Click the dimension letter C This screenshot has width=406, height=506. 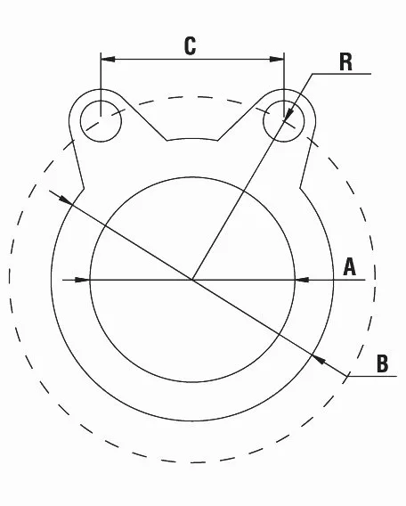click(x=190, y=46)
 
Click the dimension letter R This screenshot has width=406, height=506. click(x=346, y=62)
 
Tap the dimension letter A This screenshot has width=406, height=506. click(x=350, y=267)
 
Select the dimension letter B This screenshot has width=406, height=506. click(x=383, y=363)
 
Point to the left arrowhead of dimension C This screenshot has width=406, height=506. click(x=108, y=59)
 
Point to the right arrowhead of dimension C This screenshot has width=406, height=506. click(x=277, y=59)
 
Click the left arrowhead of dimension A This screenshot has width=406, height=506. click(x=83, y=280)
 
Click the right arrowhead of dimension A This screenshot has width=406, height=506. click(x=302, y=280)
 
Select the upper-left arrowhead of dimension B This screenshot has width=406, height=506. click(x=66, y=200)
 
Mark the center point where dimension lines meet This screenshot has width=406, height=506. click(x=192, y=280)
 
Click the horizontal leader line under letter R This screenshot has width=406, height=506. click(x=342, y=74)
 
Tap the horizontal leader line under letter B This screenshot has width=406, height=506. click(x=372, y=376)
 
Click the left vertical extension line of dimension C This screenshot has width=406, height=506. click(x=101, y=85)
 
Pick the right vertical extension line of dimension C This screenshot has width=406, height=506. click(x=284, y=85)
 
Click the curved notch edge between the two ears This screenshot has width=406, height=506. click(x=192, y=139)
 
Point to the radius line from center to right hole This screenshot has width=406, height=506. click(x=238, y=200)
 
